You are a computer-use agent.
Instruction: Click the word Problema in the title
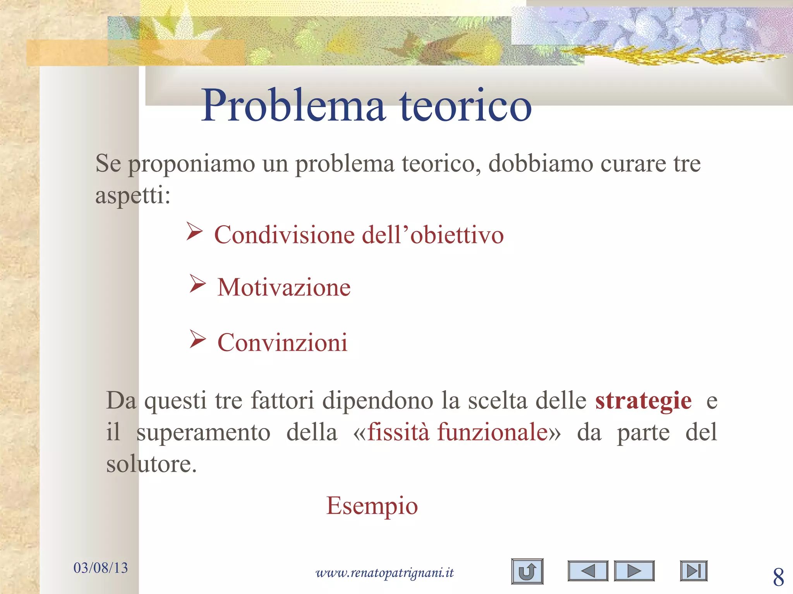[x=293, y=106]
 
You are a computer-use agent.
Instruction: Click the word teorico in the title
[x=465, y=106]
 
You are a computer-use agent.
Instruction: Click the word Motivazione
[x=284, y=288]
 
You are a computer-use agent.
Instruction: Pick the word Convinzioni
[x=282, y=343]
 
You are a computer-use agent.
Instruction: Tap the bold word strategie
[x=643, y=401]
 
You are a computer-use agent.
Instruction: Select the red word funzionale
[x=493, y=432]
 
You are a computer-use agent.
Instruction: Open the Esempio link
[x=372, y=505]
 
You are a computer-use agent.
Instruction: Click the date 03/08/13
[x=101, y=568]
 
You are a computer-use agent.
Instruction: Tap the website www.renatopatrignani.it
[x=384, y=572]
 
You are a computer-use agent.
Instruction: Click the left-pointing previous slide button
[x=588, y=571]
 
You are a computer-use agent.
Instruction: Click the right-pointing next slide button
[x=634, y=571]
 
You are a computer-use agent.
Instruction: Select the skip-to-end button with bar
[x=693, y=571]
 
